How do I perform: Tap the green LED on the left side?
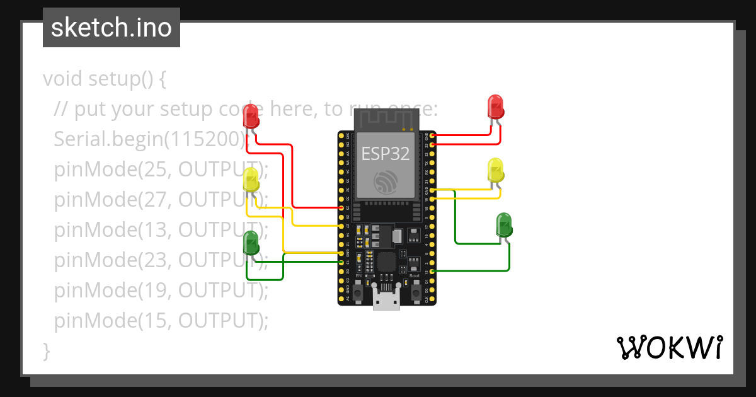pyautogui.click(x=251, y=243)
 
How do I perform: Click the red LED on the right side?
pyautogui.click(x=496, y=106)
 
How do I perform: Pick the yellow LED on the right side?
pyautogui.click(x=496, y=170)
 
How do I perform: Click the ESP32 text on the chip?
pyautogui.click(x=385, y=153)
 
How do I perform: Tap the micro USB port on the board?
pyautogui.click(x=386, y=299)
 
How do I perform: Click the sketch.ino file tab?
pyautogui.click(x=111, y=28)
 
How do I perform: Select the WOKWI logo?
pyautogui.click(x=669, y=347)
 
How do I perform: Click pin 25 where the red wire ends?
pyautogui.click(x=341, y=207)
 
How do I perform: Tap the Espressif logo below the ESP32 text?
pyautogui.click(x=385, y=182)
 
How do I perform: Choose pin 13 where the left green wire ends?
pyautogui.click(x=341, y=262)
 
